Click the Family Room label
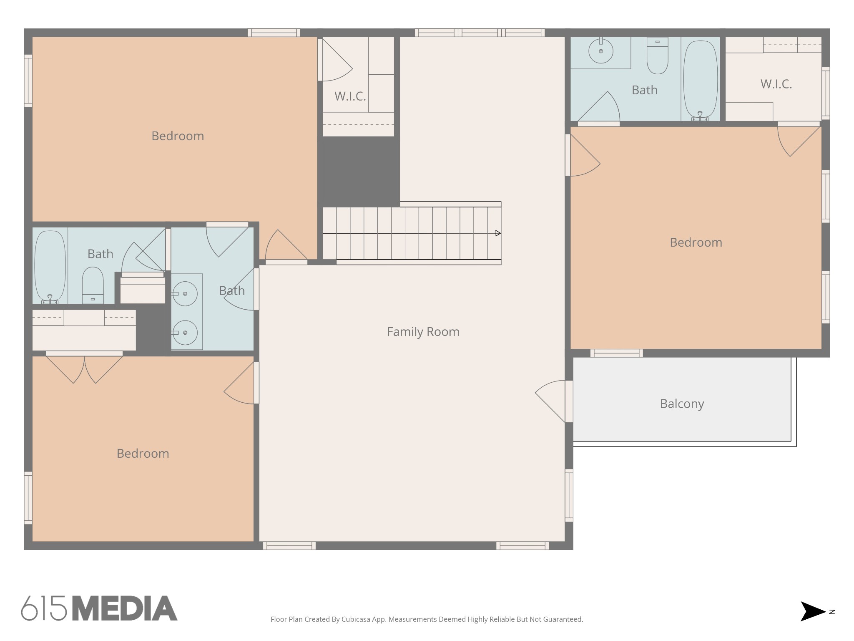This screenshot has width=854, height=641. [x=423, y=332]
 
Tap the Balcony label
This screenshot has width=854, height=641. [x=682, y=404]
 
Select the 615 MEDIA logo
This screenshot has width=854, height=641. [x=99, y=608]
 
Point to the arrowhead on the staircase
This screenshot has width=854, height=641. [x=498, y=233]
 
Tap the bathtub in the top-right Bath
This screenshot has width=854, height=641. [x=701, y=79]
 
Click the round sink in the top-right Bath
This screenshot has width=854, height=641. [x=601, y=51]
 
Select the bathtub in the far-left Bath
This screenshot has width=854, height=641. [x=50, y=266]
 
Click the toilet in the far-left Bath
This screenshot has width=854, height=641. [x=93, y=285]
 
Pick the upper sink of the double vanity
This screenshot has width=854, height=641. [x=185, y=294]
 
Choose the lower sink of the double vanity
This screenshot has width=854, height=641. [x=185, y=333]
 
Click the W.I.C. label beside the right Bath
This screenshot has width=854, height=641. [x=776, y=84]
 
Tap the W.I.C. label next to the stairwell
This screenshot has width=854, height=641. [x=350, y=96]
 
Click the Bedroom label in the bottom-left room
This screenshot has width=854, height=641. [x=143, y=454]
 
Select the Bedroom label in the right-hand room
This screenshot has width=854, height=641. [x=696, y=242]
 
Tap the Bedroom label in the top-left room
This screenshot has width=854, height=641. [x=178, y=136]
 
